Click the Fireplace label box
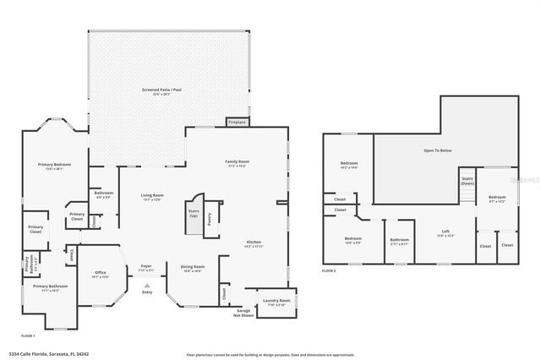[x=237, y=122]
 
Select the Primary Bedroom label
[x=53, y=164]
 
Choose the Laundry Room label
[x=276, y=301]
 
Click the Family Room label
[x=236, y=162]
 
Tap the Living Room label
[x=152, y=196]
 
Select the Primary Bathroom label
[x=51, y=286]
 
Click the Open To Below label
[x=437, y=150]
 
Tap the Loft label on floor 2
[x=445, y=232]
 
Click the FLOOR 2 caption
[x=329, y=270]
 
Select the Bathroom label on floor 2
[x=400, y=240]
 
